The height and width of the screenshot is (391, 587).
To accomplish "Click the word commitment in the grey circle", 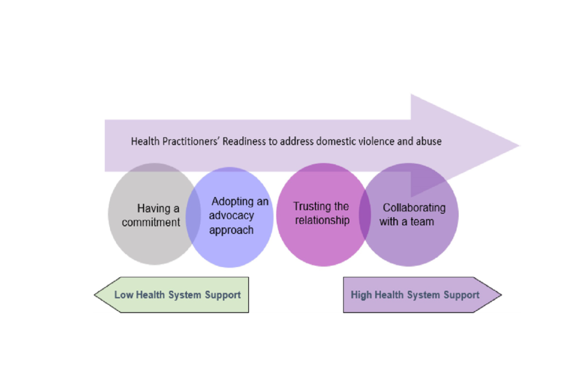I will (151, 222).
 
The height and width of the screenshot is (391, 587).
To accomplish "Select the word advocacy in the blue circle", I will (231, 216).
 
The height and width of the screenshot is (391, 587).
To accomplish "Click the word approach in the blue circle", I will (231, 230).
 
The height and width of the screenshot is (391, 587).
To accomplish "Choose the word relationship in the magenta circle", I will (322, 220).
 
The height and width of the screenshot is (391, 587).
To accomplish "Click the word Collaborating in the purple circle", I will (414, 208).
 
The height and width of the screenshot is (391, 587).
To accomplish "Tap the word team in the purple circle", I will (422, 221).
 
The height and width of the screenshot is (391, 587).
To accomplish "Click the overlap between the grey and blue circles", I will (194, 215).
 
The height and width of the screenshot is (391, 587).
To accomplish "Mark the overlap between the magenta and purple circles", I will (365, 215).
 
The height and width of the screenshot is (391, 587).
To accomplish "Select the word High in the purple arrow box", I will (361, 295).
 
